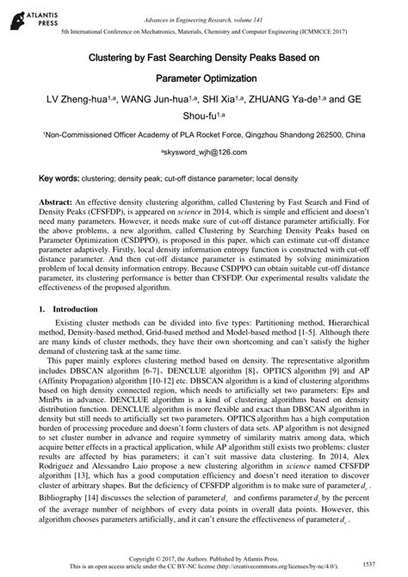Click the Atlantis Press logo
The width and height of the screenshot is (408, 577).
coord(25,16)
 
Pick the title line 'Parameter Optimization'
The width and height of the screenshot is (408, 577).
coord(203,78)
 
